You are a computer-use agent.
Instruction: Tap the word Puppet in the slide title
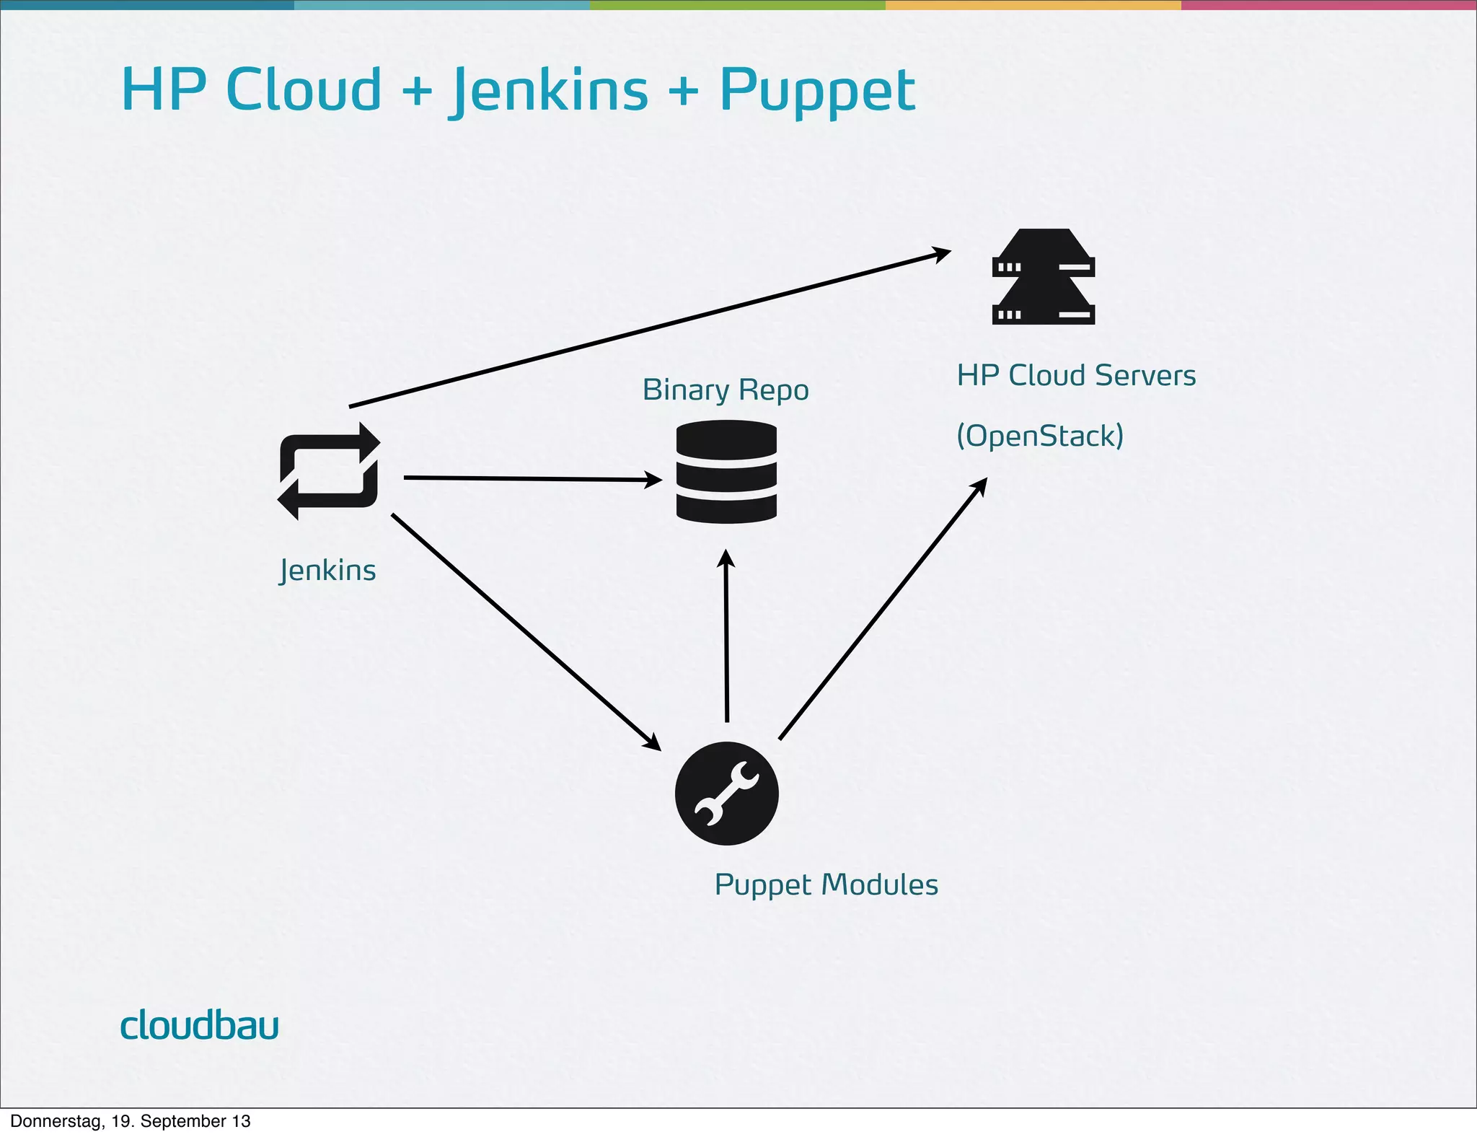(x=817, y=90)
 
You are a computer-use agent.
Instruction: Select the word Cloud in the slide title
(x=304, y=90)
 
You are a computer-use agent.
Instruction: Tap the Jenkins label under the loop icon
(x=327, y=571)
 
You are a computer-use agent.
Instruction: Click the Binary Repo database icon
(x=726, y=472)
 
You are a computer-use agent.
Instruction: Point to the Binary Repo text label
(x=725, y=390)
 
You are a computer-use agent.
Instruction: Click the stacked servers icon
(x=1043, y=277)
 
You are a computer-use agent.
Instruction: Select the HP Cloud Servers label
(x=1075, y=376)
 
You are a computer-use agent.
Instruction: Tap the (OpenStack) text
(x=1039, y=436)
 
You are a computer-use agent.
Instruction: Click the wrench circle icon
(x=726, y=793)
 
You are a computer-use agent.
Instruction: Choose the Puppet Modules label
(x=826, y=885)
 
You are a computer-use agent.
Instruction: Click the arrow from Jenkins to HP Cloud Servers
(x=649, y=329)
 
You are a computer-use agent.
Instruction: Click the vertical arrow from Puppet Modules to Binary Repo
(x=726, y=635)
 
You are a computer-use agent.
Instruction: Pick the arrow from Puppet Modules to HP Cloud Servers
(x=883, y=609)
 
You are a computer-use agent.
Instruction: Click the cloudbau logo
(x=199, y=1025)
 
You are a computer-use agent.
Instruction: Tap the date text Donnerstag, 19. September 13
(x=131, y=1121)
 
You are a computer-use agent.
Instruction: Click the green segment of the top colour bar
(x=737, y=5)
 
